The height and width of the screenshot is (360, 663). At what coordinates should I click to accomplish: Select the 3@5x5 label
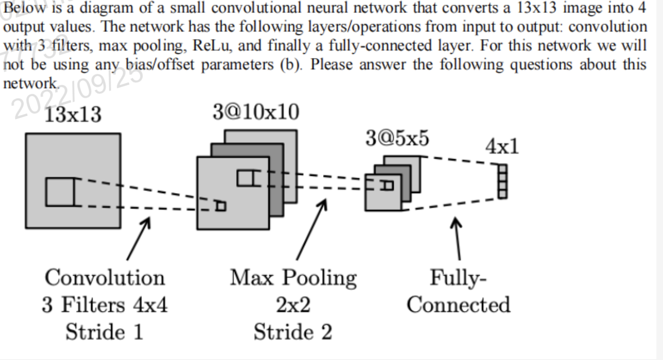tap(397, 139)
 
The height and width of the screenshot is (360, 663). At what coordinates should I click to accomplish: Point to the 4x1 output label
tap(502, 147)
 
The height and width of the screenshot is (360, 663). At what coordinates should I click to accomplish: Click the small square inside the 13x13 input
tap(60, 192)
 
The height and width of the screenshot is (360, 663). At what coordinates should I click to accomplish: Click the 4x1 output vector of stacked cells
tap(503, 181)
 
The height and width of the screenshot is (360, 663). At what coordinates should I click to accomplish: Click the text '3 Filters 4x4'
tap(105, 305)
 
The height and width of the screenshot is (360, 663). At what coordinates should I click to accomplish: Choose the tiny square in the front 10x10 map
tap(220, 206)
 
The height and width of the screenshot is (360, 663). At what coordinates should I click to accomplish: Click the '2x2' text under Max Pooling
tap(293, 305)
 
